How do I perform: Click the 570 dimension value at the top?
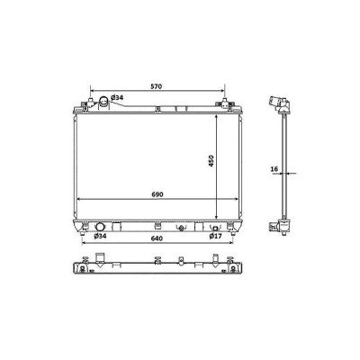click(x=157, y=86)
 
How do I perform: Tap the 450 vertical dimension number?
click(x=211, y=161)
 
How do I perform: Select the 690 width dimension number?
click(x=157, y=194)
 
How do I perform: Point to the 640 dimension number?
click(x=157, y=238)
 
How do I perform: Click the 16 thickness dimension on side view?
click(x=274, y=169)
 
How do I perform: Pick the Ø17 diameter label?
click(x=215, y=236)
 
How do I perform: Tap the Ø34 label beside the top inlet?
click(x=117, y=97)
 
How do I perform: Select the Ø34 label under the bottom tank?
click(x=100, y=236)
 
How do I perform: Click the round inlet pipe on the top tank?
click(x=103, y=101)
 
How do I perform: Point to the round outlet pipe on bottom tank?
click(x=99, y=227)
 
